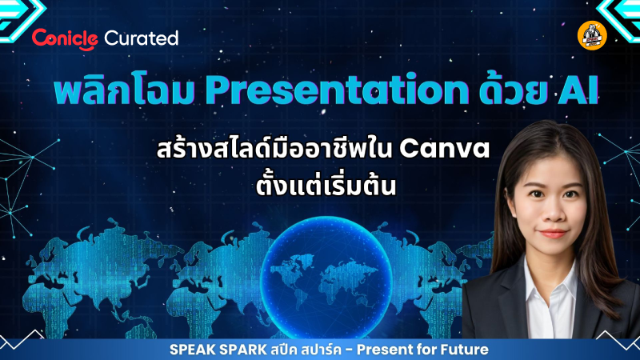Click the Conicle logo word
[x=65, y=38]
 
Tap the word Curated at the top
[x=142, y=38]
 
